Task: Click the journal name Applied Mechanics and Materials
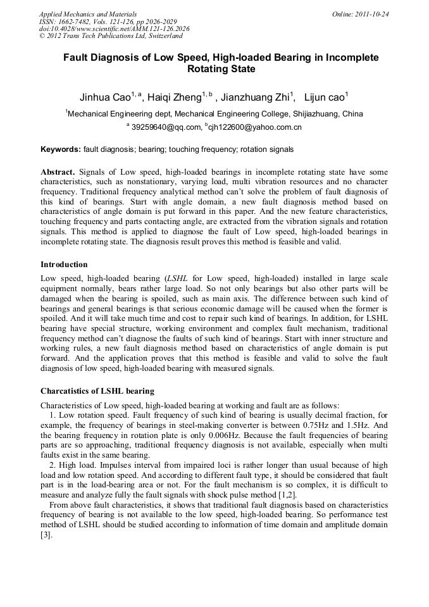88,14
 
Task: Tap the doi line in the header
114,28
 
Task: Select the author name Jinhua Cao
104,97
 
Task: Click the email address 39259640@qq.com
165,127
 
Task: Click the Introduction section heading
64,264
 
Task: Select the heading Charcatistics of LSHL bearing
97,391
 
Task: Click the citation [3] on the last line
46,535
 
